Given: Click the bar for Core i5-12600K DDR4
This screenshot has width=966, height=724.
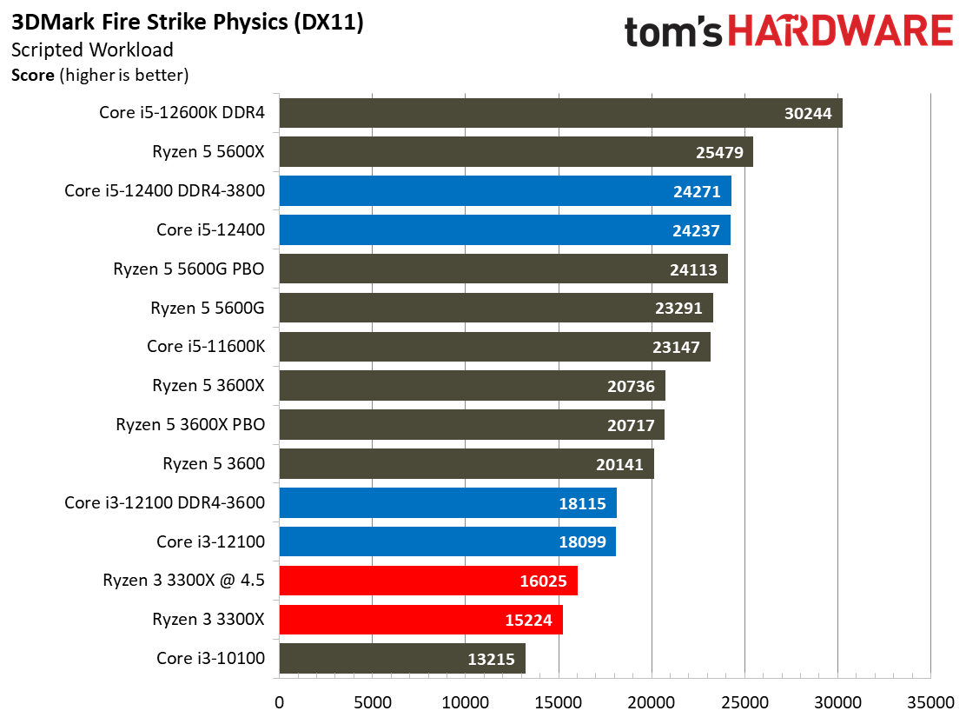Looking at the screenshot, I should coord(560,113).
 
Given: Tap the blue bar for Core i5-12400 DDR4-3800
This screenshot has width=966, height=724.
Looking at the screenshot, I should coord(505,191).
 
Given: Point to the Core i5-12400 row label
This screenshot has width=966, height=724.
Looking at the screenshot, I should coord(210,230).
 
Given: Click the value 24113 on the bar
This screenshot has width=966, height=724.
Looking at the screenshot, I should coord(694,269).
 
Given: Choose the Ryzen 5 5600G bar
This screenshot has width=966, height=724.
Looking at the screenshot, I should coord(495,308).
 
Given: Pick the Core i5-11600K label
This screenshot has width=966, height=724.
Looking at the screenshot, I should coord(205,347).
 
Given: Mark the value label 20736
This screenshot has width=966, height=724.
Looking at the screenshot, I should coord(632,386).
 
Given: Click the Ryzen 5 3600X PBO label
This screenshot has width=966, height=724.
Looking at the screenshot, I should coord(190,425).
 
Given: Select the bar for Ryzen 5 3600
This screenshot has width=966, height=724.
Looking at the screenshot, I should coord(466,464).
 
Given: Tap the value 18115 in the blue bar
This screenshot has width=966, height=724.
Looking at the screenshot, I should coord(585,503).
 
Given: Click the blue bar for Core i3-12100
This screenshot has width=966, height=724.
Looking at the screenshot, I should coord(447,541).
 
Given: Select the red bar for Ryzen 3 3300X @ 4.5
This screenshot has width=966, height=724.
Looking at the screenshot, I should coord(427,581).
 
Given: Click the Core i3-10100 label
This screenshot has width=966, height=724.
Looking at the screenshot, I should coord(210,658).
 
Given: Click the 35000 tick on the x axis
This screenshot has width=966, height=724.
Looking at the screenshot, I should coord(930,701).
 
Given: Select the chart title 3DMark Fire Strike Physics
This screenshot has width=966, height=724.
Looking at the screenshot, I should coord(188,23).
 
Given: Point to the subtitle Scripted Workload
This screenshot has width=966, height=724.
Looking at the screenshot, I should coord(92,50).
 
